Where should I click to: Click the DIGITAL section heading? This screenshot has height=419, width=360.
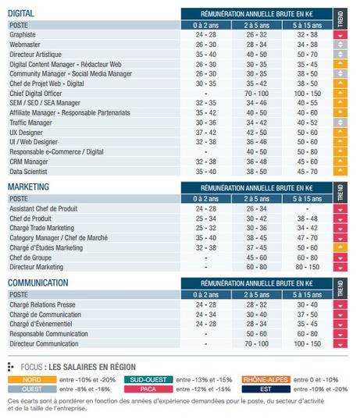(x=21, y=13)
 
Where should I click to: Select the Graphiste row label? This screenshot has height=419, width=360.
(x=23, y=35)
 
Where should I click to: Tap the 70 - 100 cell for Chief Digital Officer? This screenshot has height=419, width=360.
(x=256, y=94)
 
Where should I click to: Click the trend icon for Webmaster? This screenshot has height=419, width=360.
(x=340, y=44)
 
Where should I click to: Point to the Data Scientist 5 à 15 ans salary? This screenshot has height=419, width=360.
(x=308, y=172)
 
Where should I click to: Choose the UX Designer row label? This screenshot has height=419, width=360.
(x=26, y=133)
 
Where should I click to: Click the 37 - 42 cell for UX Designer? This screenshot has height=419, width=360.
(x=205, y=133)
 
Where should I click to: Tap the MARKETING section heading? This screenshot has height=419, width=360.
(x=28, y=186)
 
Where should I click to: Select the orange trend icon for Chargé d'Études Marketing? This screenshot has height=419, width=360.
(x=340, y=247)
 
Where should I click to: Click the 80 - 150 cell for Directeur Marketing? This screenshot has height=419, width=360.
(x=308, y=267)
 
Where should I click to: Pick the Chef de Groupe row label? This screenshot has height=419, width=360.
(x=30, y=257)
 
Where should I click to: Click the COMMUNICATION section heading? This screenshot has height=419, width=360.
(x=38, y=282)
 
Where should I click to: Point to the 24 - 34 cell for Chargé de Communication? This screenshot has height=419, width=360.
(x=205, y=314)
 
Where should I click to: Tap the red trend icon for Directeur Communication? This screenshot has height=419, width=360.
(x=340, y=343)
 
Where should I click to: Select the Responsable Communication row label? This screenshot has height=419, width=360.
(x=48, y=334)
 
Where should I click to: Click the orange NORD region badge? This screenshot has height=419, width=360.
(x=32, y=380)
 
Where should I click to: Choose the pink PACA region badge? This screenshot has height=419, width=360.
(x=148, y=389)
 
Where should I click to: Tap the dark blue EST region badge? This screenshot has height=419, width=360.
(x=266, y=389)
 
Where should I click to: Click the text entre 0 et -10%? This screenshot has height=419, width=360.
(x=315, y=380)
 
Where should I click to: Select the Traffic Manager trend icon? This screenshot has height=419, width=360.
(x=340, y=123)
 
